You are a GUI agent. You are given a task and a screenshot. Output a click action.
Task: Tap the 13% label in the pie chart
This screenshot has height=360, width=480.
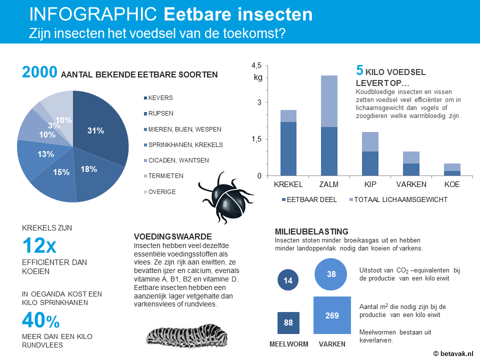tap(45, 154)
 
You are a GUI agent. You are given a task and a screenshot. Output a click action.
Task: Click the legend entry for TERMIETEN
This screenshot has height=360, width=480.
tap(164, 176)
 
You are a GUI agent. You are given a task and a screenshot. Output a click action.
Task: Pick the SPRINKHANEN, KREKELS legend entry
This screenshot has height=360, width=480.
tap(183, 145)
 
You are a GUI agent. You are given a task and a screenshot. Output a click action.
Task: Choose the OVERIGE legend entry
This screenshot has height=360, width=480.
tap(160, 192)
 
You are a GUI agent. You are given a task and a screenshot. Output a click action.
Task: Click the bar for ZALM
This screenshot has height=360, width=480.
tap(329, 125)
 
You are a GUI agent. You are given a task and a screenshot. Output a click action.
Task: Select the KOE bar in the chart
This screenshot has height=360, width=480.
tap(452, 169)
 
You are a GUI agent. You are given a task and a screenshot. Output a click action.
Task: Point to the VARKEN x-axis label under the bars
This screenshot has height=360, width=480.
tap(411, 184)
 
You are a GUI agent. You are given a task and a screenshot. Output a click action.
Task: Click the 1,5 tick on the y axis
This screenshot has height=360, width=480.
tap(256, 139)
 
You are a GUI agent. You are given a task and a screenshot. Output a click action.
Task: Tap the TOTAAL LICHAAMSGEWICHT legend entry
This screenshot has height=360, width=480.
tap(398, 199)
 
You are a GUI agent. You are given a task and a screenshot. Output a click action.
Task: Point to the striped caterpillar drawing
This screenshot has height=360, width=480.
tap(187, 336)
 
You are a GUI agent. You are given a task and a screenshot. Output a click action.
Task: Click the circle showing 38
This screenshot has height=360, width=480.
tap(330, 274)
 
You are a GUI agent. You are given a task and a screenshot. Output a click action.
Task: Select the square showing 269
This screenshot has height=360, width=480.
tap(332, 315)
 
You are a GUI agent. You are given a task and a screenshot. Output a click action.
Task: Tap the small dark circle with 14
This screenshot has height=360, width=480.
tap(288, 280)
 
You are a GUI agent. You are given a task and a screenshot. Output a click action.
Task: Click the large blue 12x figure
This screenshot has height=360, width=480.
tap(39, 245)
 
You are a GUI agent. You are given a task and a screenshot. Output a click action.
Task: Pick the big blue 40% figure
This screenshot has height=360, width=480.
tap(40, 320)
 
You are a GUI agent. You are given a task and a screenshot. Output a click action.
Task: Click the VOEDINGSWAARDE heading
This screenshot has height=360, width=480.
tap(172, 236)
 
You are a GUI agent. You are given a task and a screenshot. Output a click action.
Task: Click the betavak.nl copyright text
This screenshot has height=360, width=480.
tap(453, 353)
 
